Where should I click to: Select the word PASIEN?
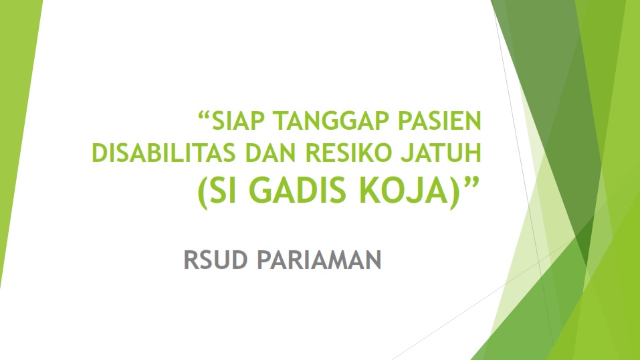coord(439,120)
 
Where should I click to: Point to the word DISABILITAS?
coord(164,153)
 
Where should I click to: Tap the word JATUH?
coord(441,153)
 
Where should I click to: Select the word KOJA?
coord(404,191)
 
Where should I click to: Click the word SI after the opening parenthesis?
coord(223,190)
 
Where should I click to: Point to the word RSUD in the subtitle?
coord(215,260)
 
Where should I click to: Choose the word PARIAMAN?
coord(319,260)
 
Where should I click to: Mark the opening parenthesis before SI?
coord(202,193)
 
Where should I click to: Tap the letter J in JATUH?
coord(407,153)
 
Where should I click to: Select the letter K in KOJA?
coord(368,190)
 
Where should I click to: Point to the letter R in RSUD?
coord(191,260)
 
